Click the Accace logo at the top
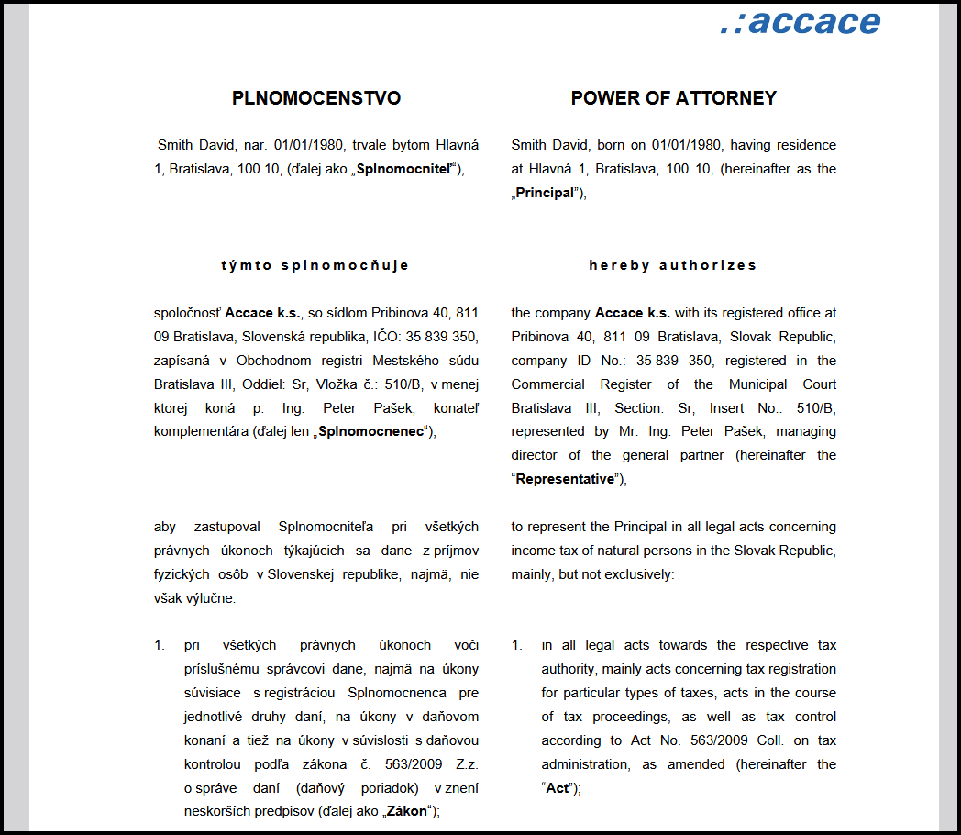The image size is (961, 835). (800, 22)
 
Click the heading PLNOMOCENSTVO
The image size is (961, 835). (316, 98)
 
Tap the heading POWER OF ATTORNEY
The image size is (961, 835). (673, 98)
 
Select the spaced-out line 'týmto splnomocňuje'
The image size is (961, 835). (315, 265)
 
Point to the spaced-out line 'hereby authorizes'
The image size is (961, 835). (673, 265)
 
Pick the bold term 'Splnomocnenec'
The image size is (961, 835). (370, 431)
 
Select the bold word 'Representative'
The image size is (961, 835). (564, 479)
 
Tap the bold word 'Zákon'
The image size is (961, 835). (408, 811)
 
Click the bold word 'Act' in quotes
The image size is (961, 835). (558, 788)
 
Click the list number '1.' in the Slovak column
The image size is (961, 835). (160, 645)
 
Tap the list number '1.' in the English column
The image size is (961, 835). (517, 645)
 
